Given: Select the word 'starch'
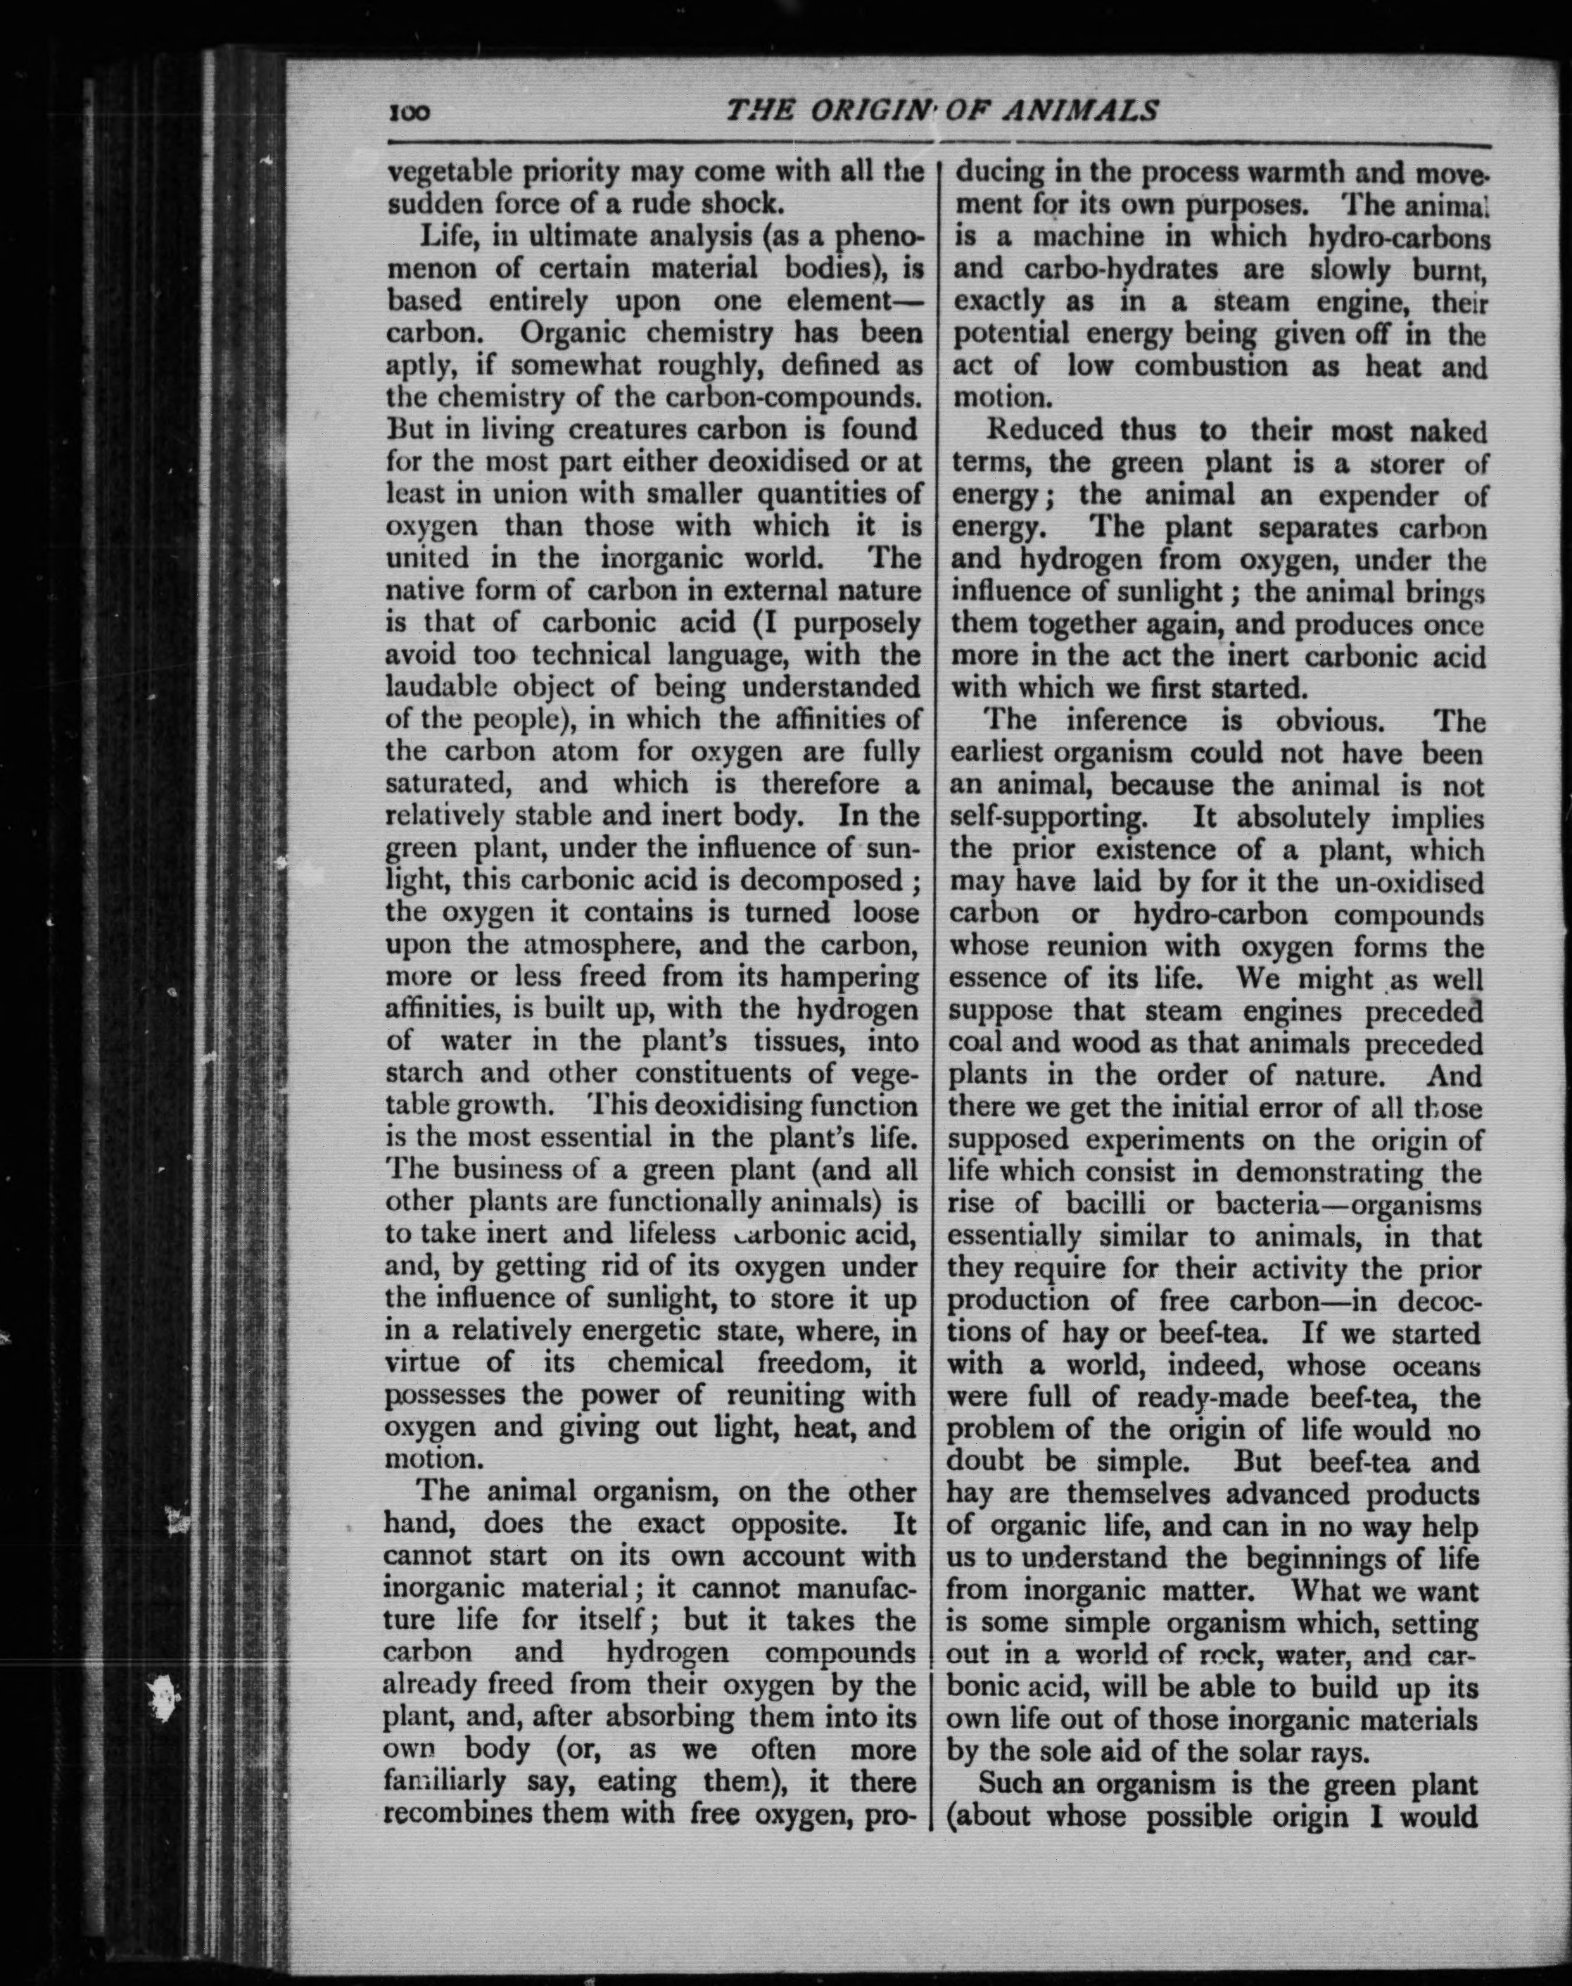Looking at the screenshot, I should point(425,1074).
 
